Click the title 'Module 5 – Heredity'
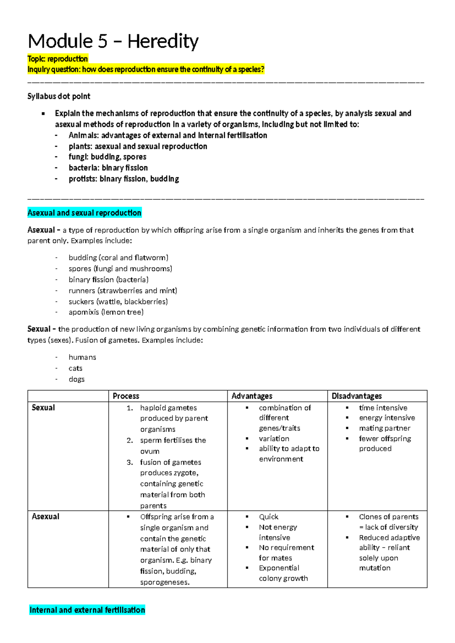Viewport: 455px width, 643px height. pyautogui.click(x=113, y=41)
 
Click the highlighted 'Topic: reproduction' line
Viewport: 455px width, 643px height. pyautogui.click(x=58, y=59)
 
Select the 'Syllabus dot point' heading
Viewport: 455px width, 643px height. pyautogui.click(x=59, y=96)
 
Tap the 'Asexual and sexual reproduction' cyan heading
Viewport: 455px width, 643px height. pyautogui.click(x=84, y=213)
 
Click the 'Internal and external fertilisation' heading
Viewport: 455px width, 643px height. pyautogui.click(x=87, y=610)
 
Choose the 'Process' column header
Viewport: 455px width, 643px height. pyautogui.click(x=126, y=396)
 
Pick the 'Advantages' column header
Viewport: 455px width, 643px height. pyautogui.click(x=252, y=396)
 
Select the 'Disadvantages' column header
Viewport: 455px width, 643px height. pyautogui.click(x=356, y=396)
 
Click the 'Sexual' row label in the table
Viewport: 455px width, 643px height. pyautogui.click(x=43, y=408)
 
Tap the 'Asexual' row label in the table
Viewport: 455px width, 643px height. pyautogui.click(x=45, y=516)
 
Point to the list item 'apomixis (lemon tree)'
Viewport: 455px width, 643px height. pyautogui.click(x=106, y=312)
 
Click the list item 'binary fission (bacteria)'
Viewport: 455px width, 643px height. pyautogui.click(x=108, y=280)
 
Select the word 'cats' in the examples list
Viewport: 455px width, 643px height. pyautogui.click(x=75, y=369)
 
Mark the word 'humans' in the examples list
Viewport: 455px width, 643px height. pyautogui.click(x=82, y=358)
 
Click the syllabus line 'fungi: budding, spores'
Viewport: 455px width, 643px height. pyautogui.click(x=107, y=157)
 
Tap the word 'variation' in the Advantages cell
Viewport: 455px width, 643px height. pyautogui.click(x=274, y=439)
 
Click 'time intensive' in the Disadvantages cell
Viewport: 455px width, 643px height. pyautogui.click(x=383, y=408)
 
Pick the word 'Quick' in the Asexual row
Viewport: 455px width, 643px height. pyautogui.click(x=268, y=517)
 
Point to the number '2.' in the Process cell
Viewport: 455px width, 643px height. pyautogui.click(x=130, y=441)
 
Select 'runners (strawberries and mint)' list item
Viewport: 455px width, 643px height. pyautogui.click(x=123, y=291)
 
